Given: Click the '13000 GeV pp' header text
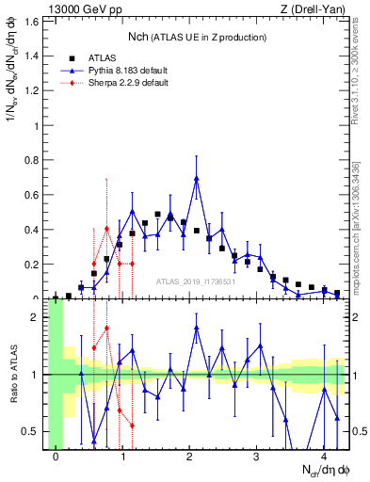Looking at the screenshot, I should [79, 9].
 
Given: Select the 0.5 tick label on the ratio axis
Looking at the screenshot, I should [35, 431].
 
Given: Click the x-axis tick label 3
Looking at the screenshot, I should [257, 457].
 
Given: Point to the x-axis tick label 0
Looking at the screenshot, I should [56, 457].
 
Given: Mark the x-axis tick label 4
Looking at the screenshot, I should [324, 457].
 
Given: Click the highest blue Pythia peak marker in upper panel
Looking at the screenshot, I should [197, 178].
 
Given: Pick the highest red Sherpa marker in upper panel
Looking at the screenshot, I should [107, 229].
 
